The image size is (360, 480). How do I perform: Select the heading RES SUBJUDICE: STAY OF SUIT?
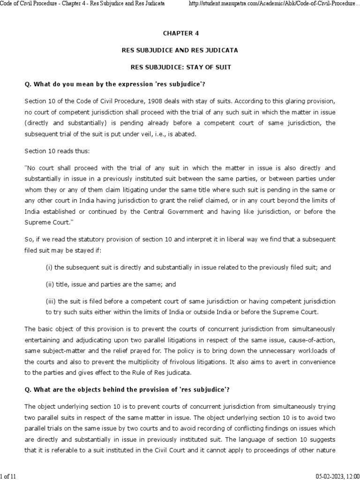[x=181, y=67]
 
